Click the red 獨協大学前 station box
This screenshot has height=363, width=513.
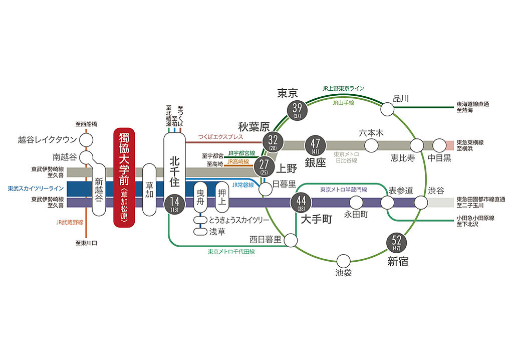pos(124,178)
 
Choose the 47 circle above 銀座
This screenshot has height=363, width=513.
pos(315,146)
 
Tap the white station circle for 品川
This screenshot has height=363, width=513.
pos(387,108)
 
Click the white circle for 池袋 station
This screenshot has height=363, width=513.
pos(343,261)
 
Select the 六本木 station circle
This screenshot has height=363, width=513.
pos(371,146)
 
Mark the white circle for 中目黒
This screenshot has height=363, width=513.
pos(439,146)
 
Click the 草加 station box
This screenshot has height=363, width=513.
pos(149,190)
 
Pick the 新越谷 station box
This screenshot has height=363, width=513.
pos(99,190)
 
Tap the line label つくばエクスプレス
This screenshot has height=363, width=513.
pos(220,137)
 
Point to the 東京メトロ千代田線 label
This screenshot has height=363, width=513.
pos(231,251)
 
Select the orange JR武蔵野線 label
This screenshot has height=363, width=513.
pos(70,221)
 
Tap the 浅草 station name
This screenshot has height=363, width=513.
pos(216,232)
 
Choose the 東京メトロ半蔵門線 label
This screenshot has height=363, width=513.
pos(343,190)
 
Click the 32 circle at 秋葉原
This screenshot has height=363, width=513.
pos(273,141)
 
